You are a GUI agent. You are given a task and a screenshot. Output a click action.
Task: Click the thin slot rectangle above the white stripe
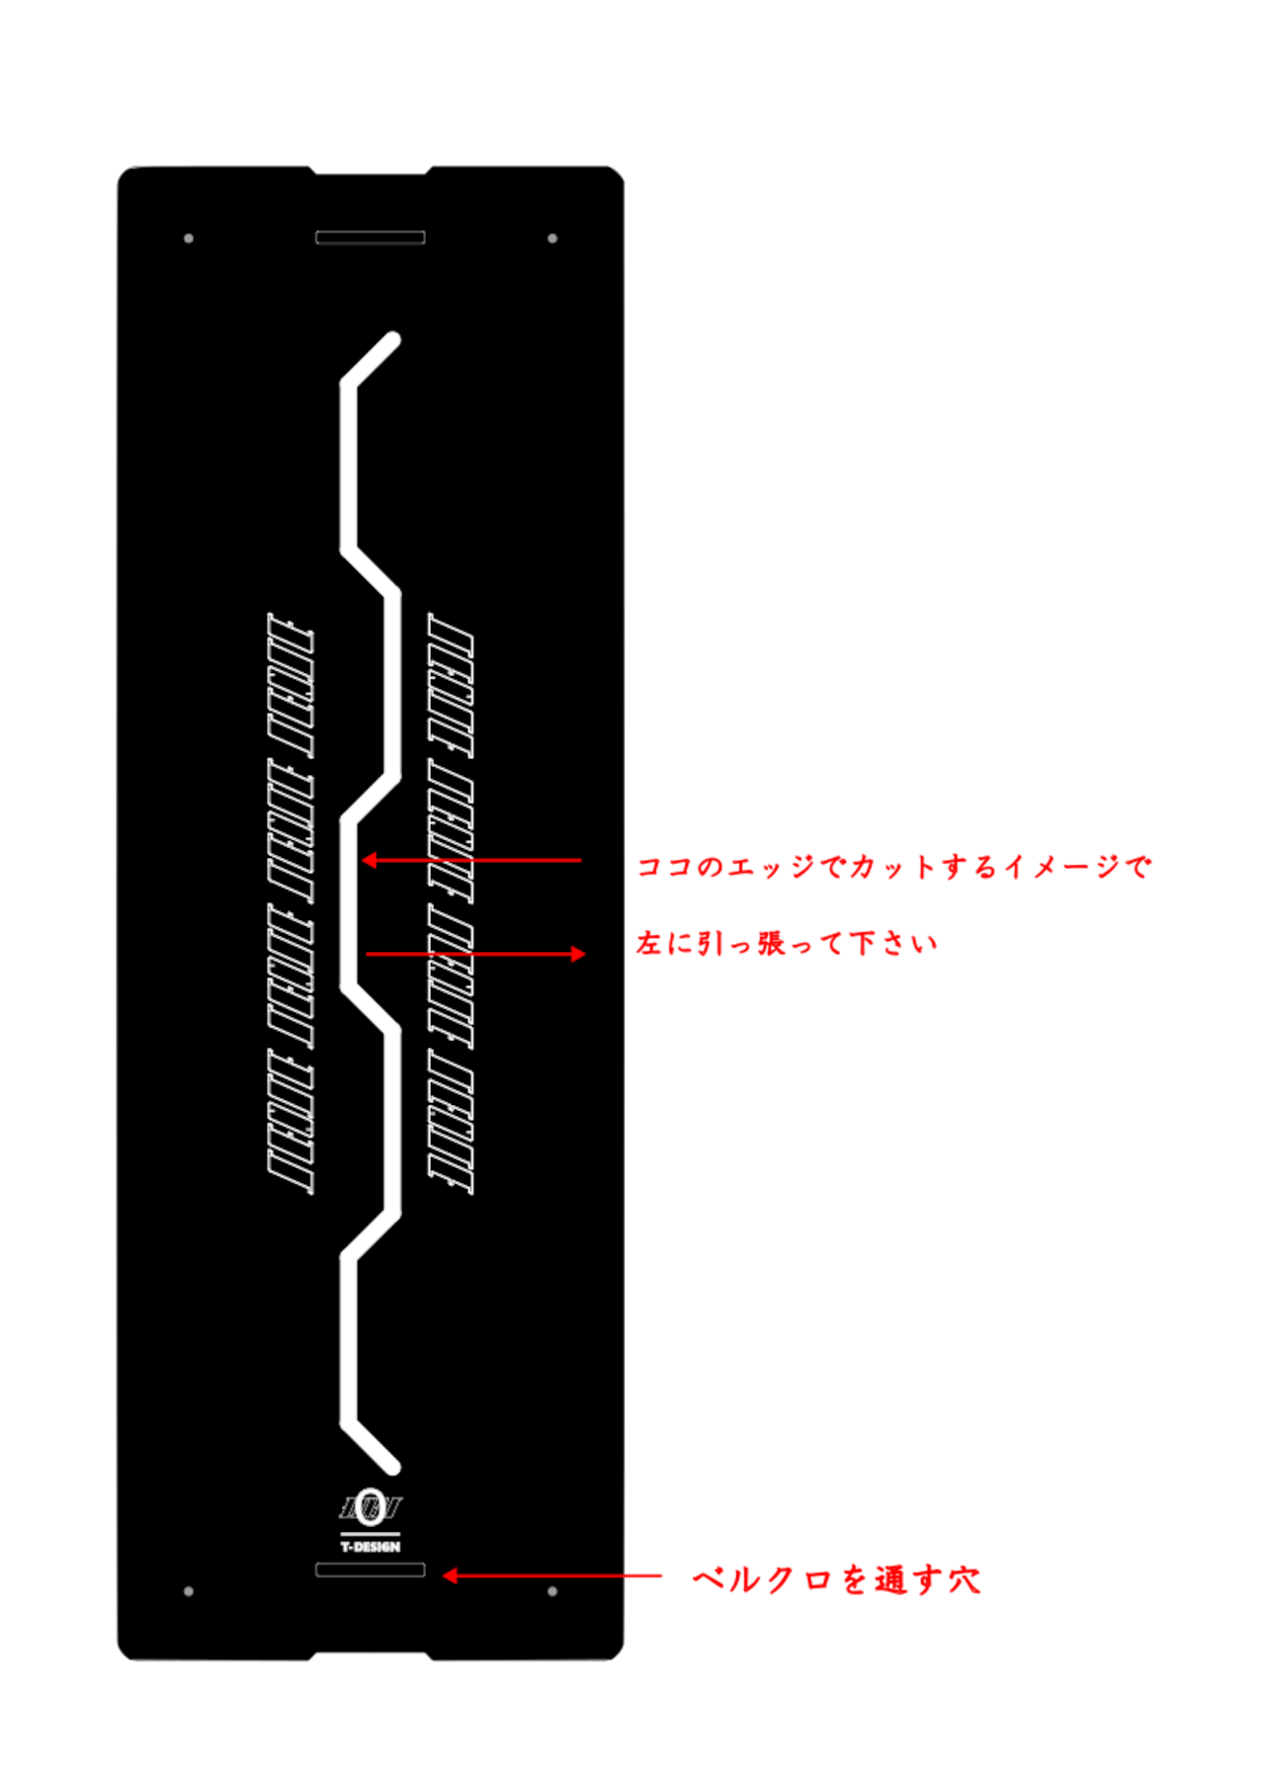tap(370, 237)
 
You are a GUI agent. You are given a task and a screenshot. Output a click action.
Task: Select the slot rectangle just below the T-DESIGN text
tap(370, 1570)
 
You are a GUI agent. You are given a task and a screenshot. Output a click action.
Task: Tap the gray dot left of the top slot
tap(189, 238)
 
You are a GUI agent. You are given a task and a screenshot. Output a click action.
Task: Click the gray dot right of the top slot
tap(552, 238)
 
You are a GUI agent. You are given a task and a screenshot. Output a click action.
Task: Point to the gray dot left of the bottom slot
tap(189, 1591)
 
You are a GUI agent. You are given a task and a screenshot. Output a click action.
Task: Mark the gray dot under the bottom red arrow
tap(552, 1591)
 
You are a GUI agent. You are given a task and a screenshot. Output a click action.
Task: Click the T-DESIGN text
tap(371, 1547)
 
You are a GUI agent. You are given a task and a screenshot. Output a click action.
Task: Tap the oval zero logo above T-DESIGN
tap(371, 1506)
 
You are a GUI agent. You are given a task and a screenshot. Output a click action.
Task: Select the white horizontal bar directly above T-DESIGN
tap(371, 1534)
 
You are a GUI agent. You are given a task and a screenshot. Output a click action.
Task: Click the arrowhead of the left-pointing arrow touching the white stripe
tap(368, 861)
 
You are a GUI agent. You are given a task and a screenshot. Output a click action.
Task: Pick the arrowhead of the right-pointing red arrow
tap(579, 954)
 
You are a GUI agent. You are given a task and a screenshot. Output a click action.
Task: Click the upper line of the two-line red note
tap(893, 867)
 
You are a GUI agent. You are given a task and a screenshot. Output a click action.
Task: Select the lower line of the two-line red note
tap(786, 944)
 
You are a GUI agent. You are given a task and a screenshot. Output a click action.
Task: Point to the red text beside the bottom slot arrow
tap(836, 1579)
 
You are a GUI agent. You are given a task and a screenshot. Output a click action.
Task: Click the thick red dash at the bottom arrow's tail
tap(646, 1576)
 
